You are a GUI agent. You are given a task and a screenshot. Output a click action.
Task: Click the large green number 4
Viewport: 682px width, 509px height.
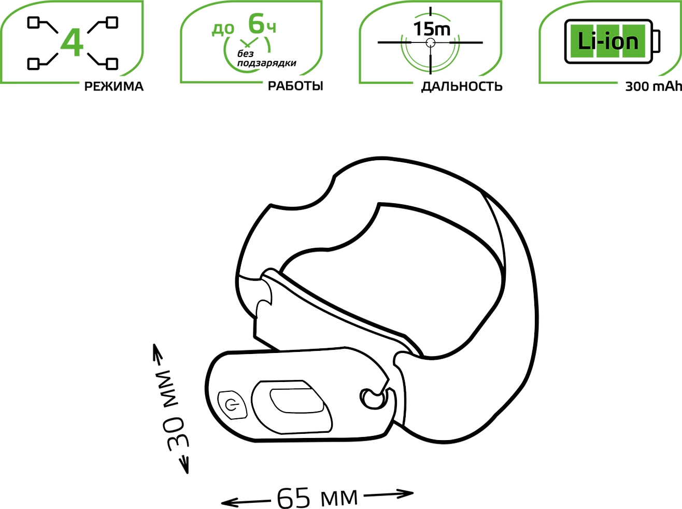pos(72,43)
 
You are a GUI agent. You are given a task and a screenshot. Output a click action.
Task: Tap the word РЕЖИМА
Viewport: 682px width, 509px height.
pos(114,87)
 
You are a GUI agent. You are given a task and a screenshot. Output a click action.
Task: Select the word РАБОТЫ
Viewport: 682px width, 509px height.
pos(295,86)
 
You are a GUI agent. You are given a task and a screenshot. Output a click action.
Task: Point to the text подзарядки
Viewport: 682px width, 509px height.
pos(266,63)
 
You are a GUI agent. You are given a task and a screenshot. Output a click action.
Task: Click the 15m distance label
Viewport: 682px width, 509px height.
pos(432,29)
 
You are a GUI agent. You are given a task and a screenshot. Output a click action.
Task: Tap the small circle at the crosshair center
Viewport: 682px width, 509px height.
pos(430,43)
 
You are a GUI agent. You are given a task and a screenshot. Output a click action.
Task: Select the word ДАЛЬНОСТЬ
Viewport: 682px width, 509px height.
pos(462,87)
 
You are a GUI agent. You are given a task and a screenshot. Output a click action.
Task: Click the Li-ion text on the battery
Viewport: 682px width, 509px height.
pos(608,41)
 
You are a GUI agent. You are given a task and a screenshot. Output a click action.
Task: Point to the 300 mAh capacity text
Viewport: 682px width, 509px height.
pos(653,87)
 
